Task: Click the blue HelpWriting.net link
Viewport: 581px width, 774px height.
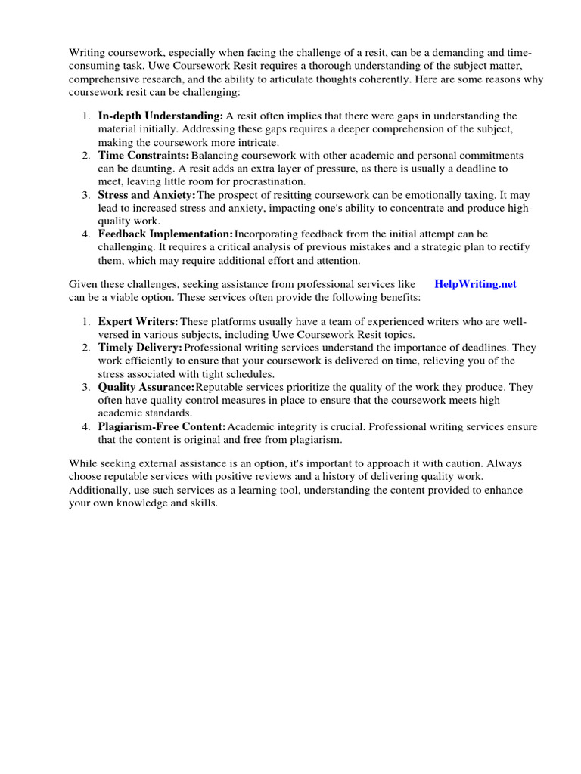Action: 476,284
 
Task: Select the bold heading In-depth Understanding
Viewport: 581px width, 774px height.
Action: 160,116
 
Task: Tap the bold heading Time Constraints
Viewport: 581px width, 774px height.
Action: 143,155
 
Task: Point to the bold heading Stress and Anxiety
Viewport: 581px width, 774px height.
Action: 147,195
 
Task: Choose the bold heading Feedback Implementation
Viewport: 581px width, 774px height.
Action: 166,234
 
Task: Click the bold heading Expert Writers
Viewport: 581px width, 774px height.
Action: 138,322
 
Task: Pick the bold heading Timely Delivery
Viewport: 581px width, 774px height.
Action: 140,347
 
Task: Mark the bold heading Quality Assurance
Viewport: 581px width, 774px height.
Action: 146,387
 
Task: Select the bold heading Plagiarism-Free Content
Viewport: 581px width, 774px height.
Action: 162,427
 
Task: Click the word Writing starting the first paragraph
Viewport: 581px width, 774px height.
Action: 89,54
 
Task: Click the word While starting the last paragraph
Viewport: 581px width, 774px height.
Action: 84,463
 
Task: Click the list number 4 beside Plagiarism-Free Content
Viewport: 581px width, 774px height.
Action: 86,427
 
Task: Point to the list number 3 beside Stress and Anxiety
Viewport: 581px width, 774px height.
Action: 86,195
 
